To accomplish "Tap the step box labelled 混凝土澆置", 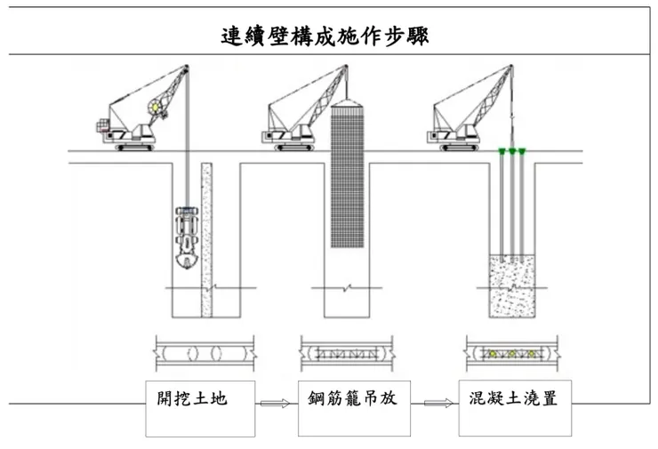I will click(x=513, y=408).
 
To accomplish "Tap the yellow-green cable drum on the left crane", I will click(x=159, y=106).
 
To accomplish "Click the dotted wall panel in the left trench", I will click(x=207, y=240).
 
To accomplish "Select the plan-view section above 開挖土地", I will click(x=204, y=351).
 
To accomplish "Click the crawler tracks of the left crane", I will click(x=135, y=147).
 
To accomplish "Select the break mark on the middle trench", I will click(x=348, y=288).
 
